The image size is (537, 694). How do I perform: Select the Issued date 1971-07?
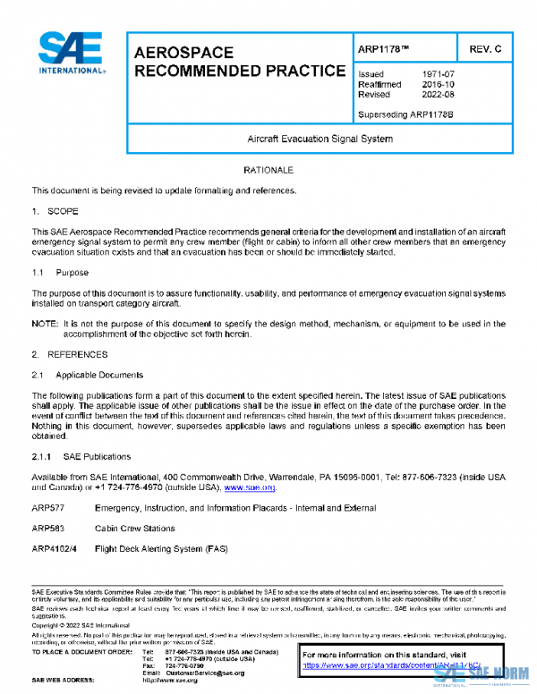(x=440, y=74)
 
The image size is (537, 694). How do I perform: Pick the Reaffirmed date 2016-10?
(x=440, y=84)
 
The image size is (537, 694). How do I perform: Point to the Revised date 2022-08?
(x=440, y=94)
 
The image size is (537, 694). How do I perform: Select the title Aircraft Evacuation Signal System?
(x=320, y=139)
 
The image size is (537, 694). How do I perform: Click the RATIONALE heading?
(x=268, y=169)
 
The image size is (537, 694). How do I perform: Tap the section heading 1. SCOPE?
(x=55, y=211)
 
